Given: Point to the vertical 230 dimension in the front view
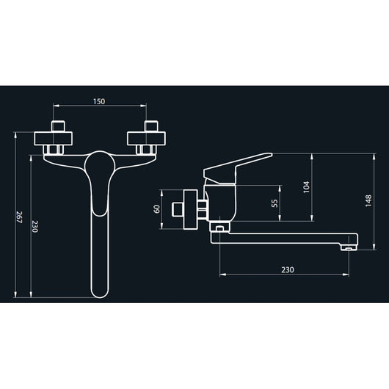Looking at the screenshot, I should [34, 227].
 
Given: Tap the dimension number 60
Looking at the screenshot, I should [158, 208].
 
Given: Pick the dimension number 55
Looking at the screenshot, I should [275, 203].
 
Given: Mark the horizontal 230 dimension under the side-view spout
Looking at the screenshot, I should [287, 269].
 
